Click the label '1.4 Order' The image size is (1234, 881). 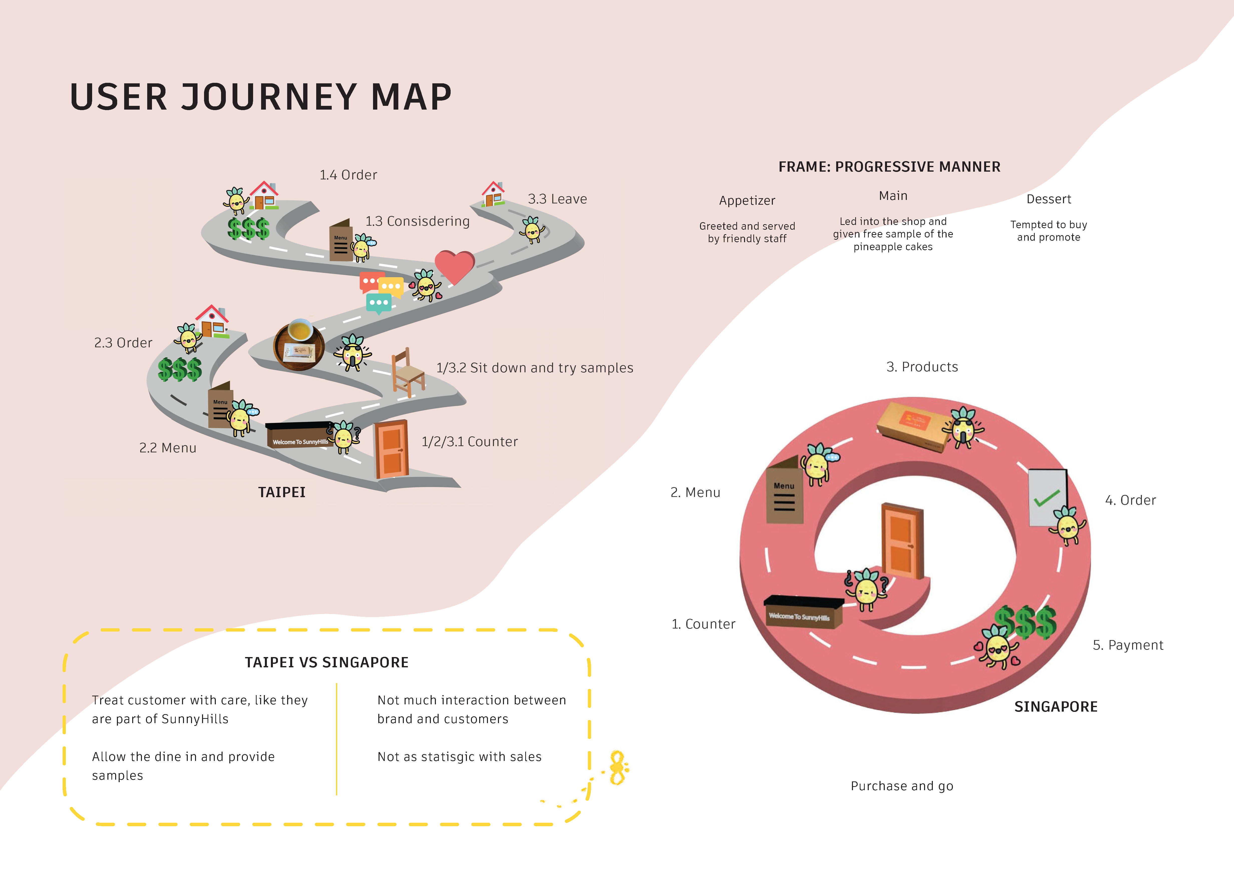348,175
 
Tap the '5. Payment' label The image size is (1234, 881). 1128,645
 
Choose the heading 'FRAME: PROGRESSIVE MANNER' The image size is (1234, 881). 889,167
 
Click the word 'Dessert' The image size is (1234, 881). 1048,199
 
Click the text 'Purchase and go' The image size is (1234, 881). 901,786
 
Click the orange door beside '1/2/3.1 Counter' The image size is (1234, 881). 391,449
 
